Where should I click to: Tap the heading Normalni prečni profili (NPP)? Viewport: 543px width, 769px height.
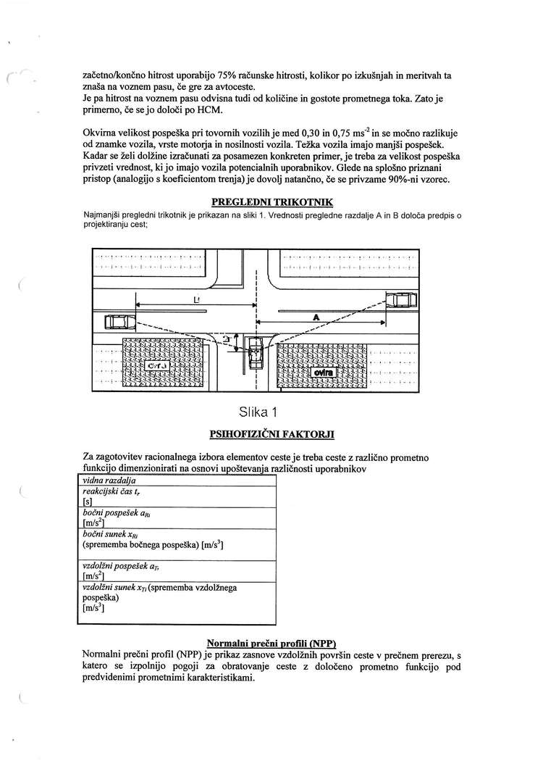[x=271, y=643]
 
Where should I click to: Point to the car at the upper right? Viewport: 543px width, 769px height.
[x=400, y=299]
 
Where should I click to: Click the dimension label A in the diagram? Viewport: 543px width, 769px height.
[x=316, y=316]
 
